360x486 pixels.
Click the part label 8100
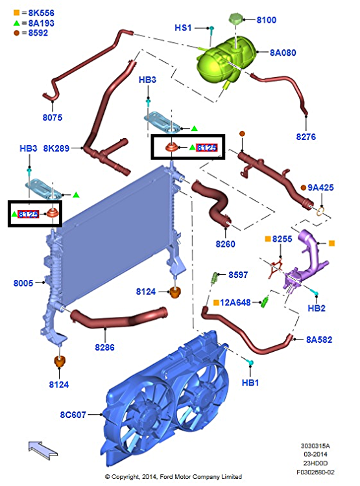coord(267,20)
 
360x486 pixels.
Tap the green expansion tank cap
coord(235,19)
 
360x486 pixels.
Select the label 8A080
coord(283,52)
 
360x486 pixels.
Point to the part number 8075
coord(53,117)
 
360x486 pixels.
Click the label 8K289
coord(56,148)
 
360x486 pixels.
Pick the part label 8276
coord(306,137)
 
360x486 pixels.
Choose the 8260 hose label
coord(225,244)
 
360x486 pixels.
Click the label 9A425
coord(320,187)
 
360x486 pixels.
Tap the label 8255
coord(282,239)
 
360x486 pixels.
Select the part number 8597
coord(238,275)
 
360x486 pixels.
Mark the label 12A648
coord(235,303)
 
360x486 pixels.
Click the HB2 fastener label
coord(317,308)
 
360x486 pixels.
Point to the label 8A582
coord(319,340)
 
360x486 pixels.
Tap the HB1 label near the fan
coord(250,383)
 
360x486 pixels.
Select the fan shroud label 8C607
coord(73,415)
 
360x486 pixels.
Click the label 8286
coord(104,347)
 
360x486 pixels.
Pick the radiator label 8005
coord(23,283)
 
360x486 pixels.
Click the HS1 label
coord(183,28)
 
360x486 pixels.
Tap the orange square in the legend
coord(16,13)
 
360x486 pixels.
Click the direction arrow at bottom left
coord(43,450)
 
